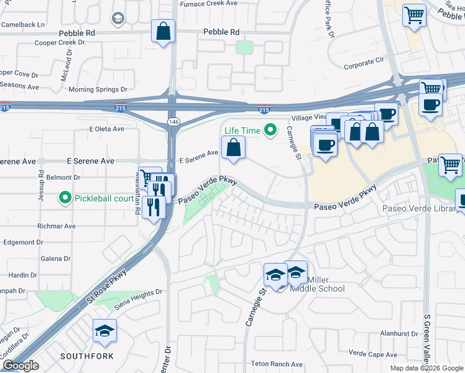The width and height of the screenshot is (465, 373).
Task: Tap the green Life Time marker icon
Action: tap(270, 130)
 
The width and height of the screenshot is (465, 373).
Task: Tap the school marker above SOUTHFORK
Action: tap(104, 332)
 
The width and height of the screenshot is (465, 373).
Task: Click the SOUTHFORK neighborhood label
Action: tap(88, 356)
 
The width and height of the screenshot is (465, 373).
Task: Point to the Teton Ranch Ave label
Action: tap(276, 364)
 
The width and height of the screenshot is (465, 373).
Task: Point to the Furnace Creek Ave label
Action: tap(208, 4)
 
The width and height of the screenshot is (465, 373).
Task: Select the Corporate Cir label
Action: tap(364, 63)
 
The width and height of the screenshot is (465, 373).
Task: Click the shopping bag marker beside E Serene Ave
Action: tap(233, 148)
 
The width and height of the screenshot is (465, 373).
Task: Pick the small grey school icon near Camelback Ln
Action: tap(117, 19)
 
